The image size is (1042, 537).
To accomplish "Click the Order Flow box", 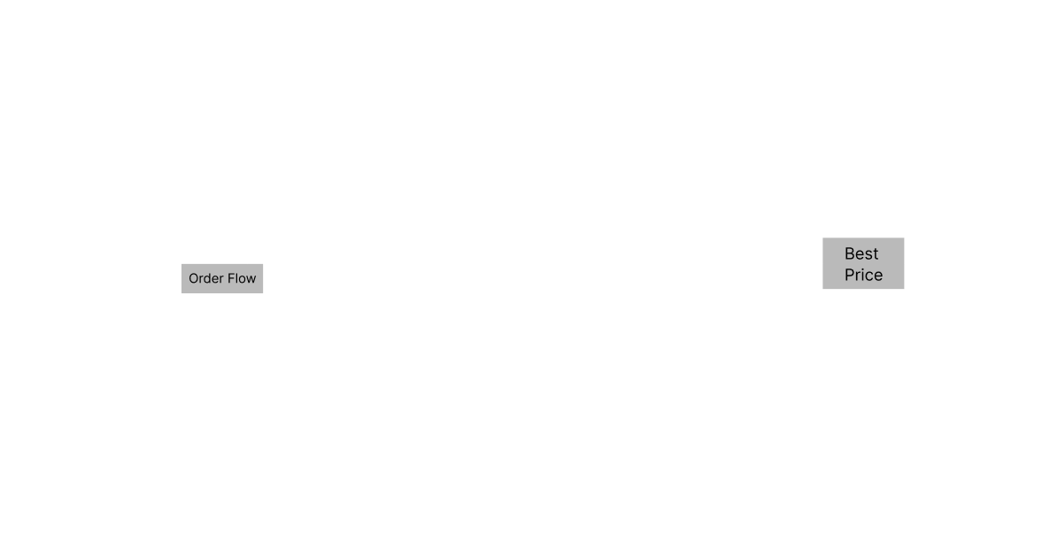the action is pos(222,278).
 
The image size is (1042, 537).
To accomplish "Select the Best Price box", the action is pos(863,263).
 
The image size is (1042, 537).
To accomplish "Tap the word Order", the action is pos(205,278).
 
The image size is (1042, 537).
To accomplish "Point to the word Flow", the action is pos(241,278).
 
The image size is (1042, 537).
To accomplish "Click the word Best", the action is pos(861,253).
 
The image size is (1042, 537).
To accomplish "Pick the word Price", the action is pos(863,275).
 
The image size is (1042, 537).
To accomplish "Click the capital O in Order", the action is pos(194,279).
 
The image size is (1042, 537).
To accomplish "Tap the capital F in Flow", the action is pos(228,279).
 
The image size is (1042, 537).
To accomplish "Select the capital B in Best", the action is pos(850,253).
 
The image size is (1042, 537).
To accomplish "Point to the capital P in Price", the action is pos(850,275).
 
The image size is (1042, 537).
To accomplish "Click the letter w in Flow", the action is pos(251,280).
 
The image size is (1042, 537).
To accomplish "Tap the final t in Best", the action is pos(876,254).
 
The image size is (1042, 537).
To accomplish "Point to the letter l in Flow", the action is pos(235,278).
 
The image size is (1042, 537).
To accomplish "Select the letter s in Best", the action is pos(868,255).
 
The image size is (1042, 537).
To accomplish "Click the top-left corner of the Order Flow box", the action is pos(181,264).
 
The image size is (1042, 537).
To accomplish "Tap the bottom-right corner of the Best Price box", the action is pos(905,289).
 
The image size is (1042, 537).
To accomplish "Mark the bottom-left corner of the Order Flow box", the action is pos(181,292).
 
